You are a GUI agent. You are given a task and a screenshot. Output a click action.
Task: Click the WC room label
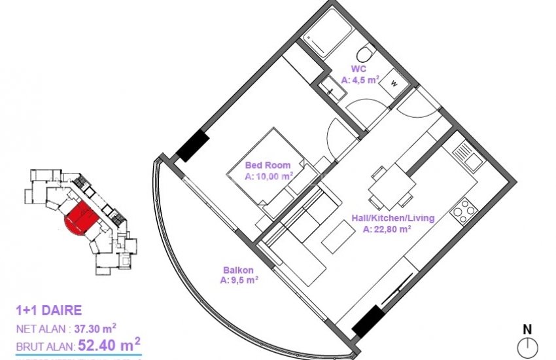(359, 69)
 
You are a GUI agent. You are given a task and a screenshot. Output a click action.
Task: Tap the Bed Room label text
(268, 165)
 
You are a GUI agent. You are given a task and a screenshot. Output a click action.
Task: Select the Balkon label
(237, 270)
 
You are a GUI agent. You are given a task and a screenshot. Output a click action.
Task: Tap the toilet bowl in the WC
(366, 52)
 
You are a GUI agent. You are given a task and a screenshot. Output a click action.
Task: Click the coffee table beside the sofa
(338, 234)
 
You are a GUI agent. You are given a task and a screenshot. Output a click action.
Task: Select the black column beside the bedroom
(193, 147)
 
